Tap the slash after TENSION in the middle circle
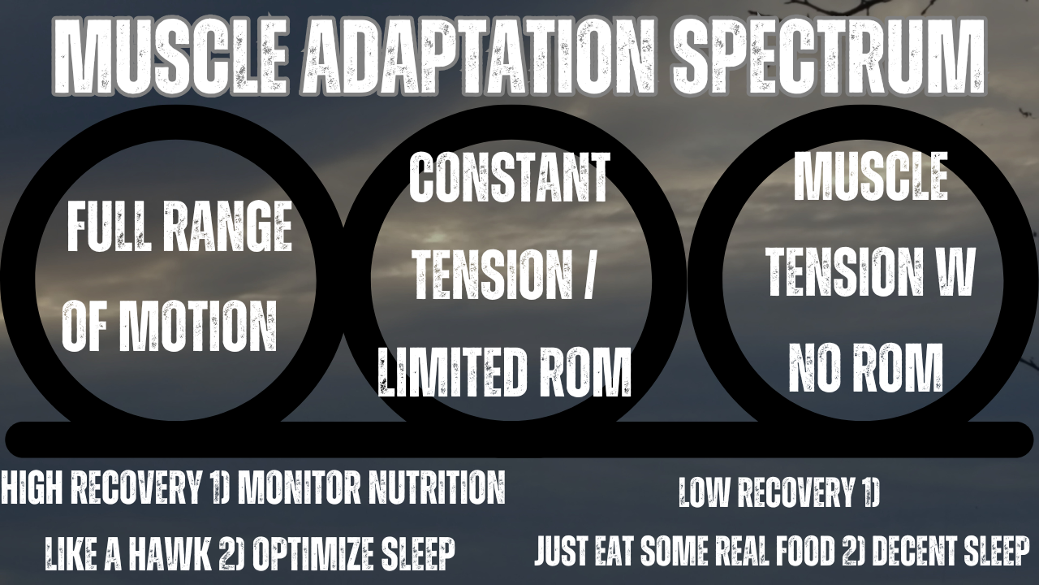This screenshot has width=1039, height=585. [x=587, y=277]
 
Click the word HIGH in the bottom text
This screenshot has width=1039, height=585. [x=33, y=487]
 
